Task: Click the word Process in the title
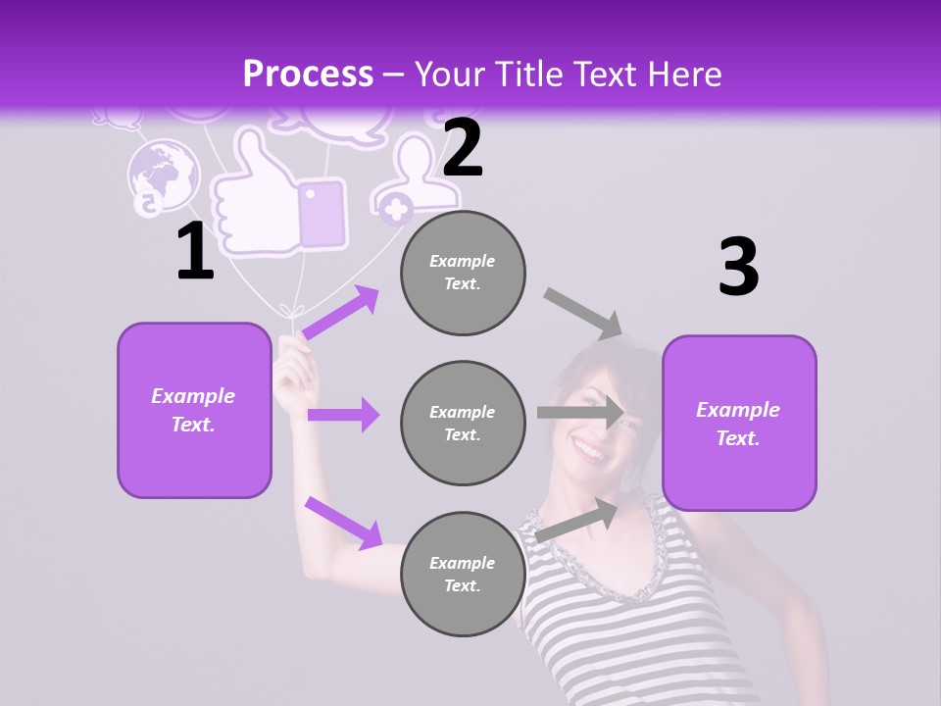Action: point(308,74)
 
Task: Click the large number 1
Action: point(195,252)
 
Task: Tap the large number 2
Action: point(463,148)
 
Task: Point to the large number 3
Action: point(738,267)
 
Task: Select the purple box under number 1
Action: point(194,410)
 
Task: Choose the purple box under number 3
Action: point(739,423)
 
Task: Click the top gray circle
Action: point(463,273)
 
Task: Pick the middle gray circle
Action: point(463,423)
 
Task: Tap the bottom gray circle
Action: point(463,574)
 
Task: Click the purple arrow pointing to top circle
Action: point(341,312)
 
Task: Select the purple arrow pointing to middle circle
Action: point(343,415)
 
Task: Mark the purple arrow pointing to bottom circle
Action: point(343,522)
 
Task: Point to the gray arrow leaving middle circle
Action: point(580,413)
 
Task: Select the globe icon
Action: point(163,176)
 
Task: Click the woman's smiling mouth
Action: point(589,452)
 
